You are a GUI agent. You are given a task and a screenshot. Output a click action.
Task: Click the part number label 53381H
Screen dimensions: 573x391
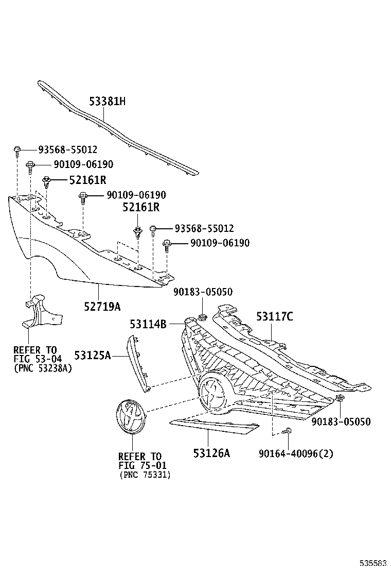pos(107,102)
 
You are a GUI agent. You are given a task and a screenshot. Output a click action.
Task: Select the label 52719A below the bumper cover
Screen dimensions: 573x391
pos(102,307)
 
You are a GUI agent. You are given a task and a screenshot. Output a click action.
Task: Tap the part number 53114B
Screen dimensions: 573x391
pos(148,324)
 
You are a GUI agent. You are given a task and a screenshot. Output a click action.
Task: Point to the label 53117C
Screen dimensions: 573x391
pos(275,316)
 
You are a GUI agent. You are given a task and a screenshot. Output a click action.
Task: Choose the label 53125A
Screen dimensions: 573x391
pos(92,355)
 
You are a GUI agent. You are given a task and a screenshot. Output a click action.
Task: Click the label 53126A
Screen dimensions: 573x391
pos(211,453)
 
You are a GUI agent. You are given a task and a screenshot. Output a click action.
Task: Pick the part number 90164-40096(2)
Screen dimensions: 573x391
pos(296,453)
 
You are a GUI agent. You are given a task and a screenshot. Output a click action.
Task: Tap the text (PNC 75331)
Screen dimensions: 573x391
pos(144,475)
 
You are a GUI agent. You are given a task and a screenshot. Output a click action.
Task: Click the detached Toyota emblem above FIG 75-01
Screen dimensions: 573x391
pos(130,416)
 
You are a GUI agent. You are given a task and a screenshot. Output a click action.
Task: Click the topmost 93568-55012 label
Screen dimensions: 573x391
pos(67,150)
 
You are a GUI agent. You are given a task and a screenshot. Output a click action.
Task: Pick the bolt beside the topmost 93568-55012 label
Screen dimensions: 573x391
pos(17,150)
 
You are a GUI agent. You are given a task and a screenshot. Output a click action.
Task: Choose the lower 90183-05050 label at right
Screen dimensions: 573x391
pos(341,422)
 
